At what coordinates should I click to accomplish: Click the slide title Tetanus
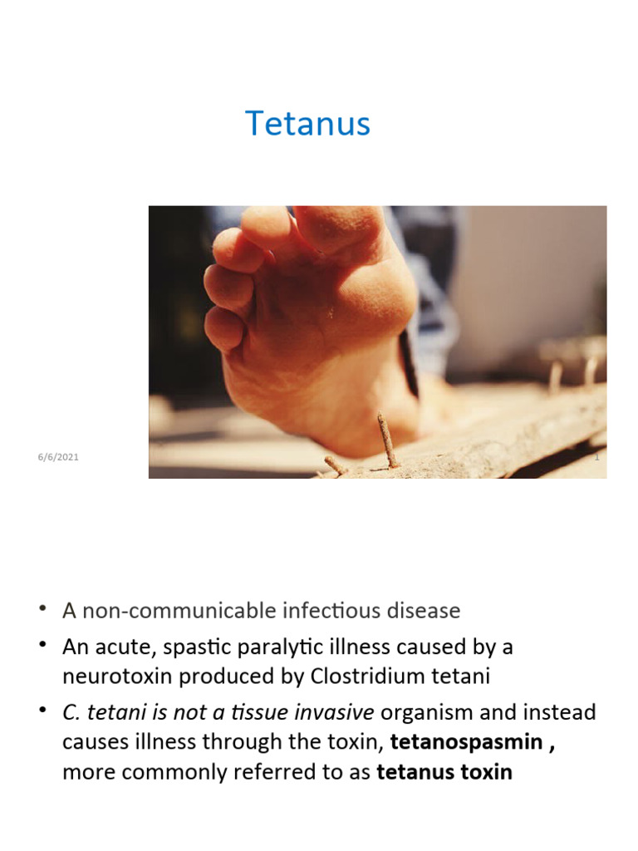307,124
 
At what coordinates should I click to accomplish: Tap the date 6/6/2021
58,457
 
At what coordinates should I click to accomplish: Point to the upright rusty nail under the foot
387,440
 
